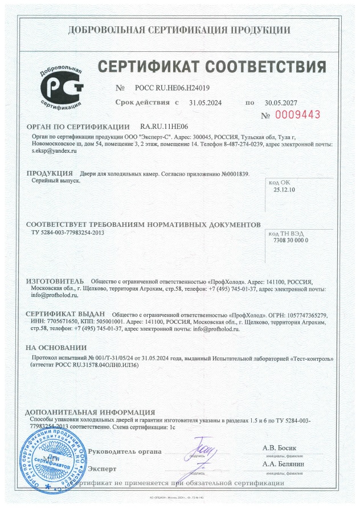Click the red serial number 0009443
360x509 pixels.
[298, 115]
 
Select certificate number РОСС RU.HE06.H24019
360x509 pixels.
[173, 88]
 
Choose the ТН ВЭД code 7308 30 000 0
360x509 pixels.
[287, 241]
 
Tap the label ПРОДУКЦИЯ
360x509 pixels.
[50, 173]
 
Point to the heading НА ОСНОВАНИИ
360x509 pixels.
[56, 348]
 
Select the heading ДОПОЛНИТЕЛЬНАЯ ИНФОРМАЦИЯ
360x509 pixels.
[91, 412]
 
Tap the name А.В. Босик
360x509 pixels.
[280, 447]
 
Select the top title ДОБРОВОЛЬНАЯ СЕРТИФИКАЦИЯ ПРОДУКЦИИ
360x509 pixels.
[179, 30]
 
